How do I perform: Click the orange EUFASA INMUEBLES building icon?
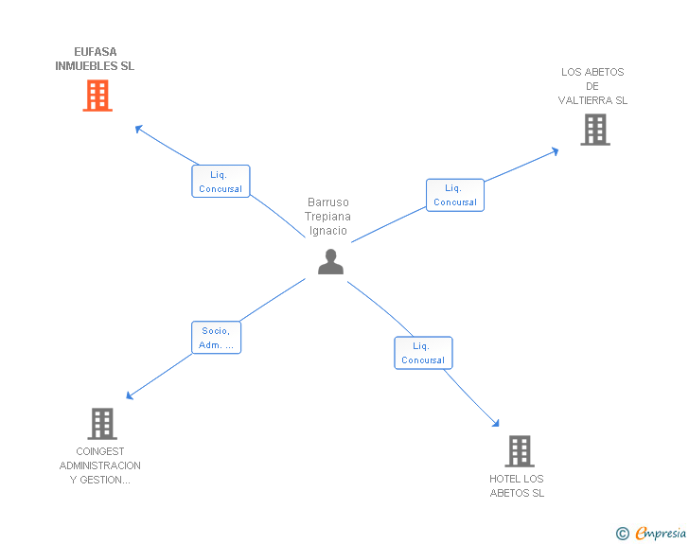pos(97,96)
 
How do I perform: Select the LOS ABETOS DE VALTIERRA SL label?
pos(592,86)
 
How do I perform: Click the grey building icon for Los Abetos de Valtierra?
pos(594,130)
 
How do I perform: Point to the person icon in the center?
pos(330,262)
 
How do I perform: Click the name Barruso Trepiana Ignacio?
pos(327,217)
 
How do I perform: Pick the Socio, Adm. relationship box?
pos(216,338)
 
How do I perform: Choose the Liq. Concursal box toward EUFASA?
pos(221,181)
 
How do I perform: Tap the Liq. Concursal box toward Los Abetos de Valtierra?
pos(454,195)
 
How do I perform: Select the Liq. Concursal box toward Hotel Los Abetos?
pos(423,353)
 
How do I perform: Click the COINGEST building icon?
pos(102,424)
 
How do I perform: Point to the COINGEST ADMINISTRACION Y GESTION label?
pos(100,465)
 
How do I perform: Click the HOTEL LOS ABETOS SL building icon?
pos(519,451)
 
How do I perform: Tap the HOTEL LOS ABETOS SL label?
pos(517,485)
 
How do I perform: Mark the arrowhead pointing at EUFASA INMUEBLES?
pos(139,128)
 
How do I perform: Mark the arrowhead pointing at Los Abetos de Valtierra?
pos(556,150)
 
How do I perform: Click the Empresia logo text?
pos(661,534)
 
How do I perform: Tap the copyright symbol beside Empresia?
pos(622,535)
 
